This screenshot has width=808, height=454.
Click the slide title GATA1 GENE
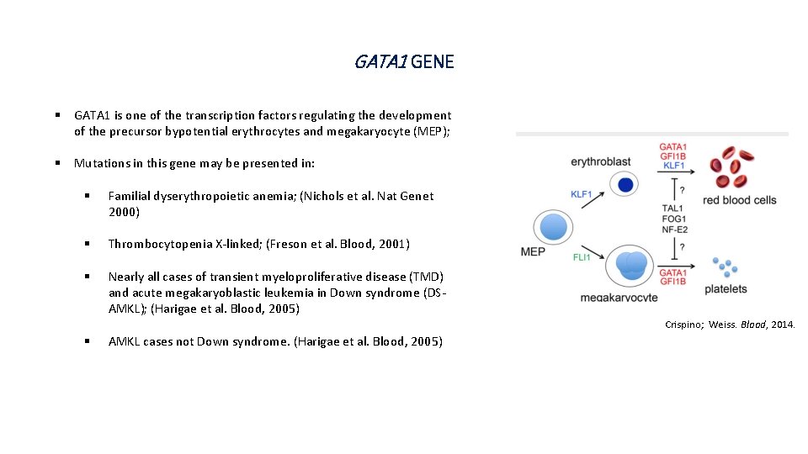click(404, 61)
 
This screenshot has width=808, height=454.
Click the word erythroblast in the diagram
click(600, 161)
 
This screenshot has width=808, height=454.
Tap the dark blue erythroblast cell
click(625, 185)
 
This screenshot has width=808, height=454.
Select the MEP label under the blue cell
click(533, 251)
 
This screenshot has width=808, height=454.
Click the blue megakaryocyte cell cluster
click(630, 264)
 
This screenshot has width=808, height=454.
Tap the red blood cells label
click(739, 200)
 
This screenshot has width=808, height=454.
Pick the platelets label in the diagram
click(725, 289)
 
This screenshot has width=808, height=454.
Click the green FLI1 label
click(582, 257)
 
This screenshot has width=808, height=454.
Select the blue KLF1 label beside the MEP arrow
click(581, 194)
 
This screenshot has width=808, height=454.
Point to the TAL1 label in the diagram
click(672, 208)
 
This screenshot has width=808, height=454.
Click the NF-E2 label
click(674, 228)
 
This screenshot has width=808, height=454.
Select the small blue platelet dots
click(725, 267)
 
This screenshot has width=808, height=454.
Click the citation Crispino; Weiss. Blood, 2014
click(729, 325)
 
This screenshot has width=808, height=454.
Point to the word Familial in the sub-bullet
click(130, 196)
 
